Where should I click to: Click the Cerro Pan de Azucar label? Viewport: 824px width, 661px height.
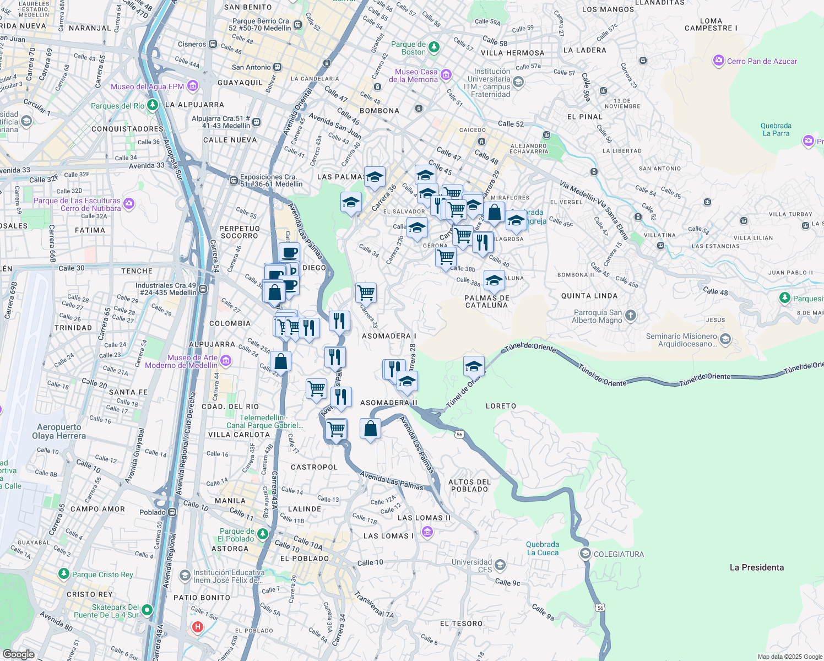pyautogui.click(x=762, y=61)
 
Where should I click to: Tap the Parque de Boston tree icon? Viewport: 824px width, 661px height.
pyautogui.click(x=434, y=47)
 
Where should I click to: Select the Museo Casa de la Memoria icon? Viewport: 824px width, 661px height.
pyautogui.click(x=446, y=74)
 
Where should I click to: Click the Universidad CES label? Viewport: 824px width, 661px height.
pyautogui.click(x=472, y=566)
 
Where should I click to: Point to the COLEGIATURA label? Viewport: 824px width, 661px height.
pyautogui.click(x=619, y=554)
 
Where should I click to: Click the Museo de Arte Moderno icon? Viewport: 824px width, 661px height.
pyautogui.click(x=226, y=361)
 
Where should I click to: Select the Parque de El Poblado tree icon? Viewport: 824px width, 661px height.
pyautogui.click(x=263, y=534)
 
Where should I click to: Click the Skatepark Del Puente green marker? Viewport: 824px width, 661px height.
pyautogui.click(x=147, y=610)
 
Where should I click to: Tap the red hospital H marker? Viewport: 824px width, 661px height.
pyautogui.click(x=197, y=627)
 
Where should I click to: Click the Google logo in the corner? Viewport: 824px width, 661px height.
pyautogui.click(x=18, y=654)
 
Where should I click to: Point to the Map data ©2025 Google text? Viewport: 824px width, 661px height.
pyautogui.click(x=789, y=657)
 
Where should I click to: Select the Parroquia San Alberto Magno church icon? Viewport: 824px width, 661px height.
pyautogui.click(x=631, y=316)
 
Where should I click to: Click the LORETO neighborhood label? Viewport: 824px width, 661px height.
pyautogui.click(x=501, y=406)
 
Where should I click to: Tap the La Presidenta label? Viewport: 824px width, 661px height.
pyautogui.click(x=756, y=567)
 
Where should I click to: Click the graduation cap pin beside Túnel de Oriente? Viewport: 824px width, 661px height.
pyautogui.click(x=474, y=366)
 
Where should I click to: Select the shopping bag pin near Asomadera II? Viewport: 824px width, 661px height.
pyautogui.click(x=371, y=429)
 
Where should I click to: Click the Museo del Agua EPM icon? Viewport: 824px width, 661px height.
pyautogui.click(x=192, y=86)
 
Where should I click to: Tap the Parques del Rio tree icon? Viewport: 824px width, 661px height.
pyautogui.click(x=153, y=105)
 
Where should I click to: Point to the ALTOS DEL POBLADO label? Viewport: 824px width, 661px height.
pyautogui.click(x=469, y=485)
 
